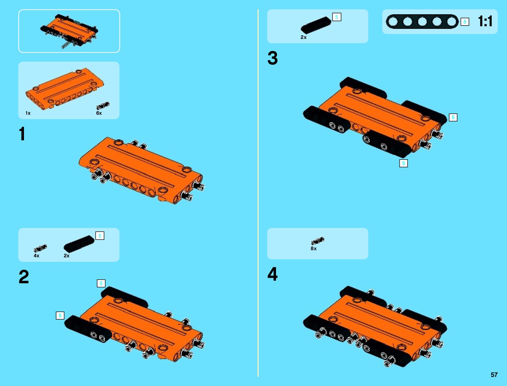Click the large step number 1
coord(22,134)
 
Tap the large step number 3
coord(272,58)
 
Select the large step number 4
coord(272,274)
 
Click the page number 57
coord(494,374)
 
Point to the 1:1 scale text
coord(485,21)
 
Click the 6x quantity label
coord(99,113)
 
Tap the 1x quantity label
coord(28,113)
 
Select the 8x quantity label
coord(314,248)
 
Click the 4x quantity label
coord(37,255)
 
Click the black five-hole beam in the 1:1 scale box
coord(422,21)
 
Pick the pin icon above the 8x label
coord(317,241)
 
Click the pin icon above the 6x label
coord(103,106)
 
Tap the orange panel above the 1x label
coord(65,88)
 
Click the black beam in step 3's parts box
coord(316,25)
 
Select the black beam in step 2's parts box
coord(79,243)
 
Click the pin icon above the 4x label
coord(40,248)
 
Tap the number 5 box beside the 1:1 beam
coord(465,22)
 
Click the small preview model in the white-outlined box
coord(69,31)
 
